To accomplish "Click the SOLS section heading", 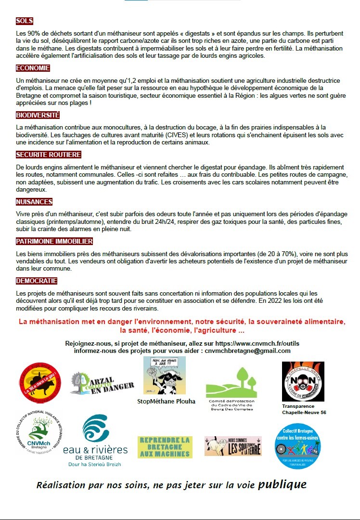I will pos(25,21).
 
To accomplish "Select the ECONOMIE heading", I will pos(33,68).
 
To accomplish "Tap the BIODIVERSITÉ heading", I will pos(38,116).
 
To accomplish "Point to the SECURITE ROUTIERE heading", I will pos(48,155).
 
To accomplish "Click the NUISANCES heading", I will pos(34,202).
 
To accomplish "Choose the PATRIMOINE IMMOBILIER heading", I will pos(54,241).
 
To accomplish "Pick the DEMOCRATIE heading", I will pos(37,281).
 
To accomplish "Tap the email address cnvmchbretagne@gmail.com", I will pos(247,351).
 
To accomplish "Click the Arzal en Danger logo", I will pos(102,383).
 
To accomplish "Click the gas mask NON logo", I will pos(303,381).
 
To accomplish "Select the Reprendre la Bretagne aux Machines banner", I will pos(165,447).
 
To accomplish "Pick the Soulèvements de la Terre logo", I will pos(233,446).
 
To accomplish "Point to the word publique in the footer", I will pos(282,484).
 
